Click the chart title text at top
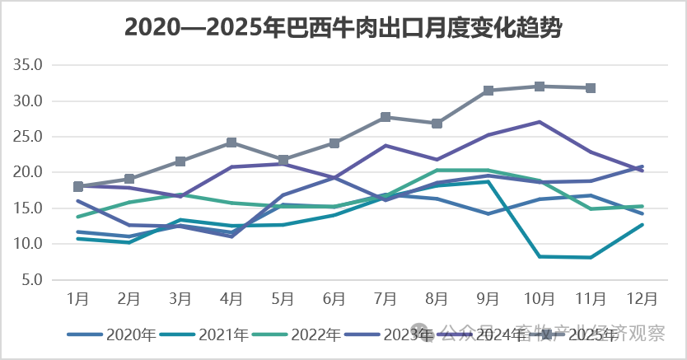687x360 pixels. tap(343, 28)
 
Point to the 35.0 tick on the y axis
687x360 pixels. tap(35, 65)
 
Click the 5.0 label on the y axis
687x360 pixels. tap(38, 279)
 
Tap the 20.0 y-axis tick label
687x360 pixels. tap(35, 172)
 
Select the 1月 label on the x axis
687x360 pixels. tap(78, 298)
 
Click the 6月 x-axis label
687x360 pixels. tap(334, 298)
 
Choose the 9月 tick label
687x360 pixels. tap(488, 298)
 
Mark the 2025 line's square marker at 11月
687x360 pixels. tap(591, 88)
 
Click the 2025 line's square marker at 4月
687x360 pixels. tap(232, 143)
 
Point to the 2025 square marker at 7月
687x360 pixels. tap(386, 117)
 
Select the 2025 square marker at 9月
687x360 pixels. tap(488, 91)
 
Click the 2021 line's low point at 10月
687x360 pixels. tap(540, 256)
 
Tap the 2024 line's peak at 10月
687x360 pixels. tap(540, 122)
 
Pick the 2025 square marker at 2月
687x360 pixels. tap(129, 179)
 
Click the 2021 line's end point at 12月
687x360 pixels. tap(642, 225)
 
